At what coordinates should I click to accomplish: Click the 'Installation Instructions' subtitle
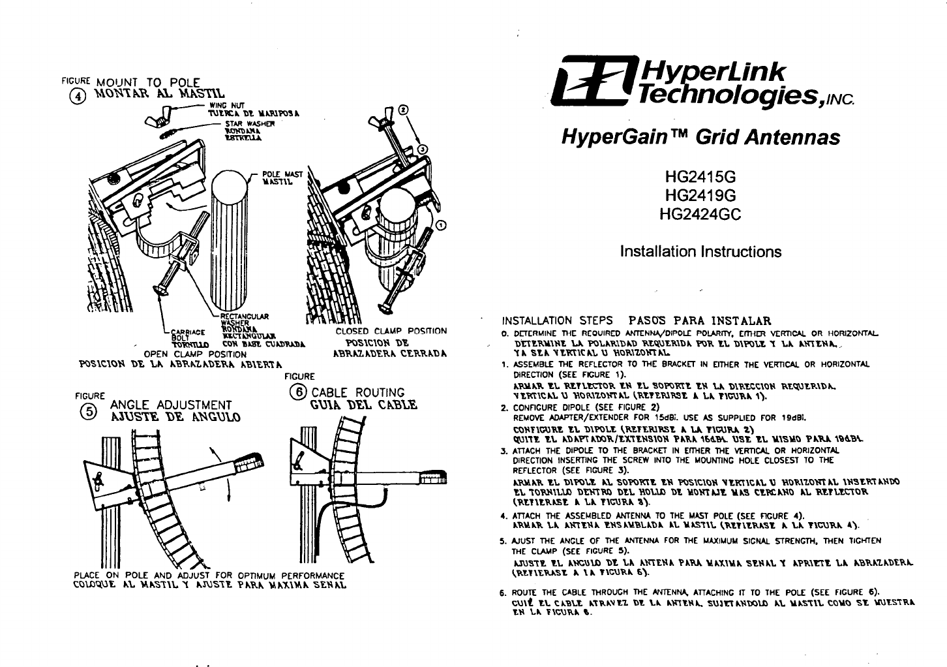(x=700, y=252)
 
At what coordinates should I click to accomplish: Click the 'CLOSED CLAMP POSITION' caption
(x=391, y=332)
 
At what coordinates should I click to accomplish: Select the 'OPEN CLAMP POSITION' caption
(x=194, y=354)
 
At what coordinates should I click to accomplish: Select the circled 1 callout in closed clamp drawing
(x=440, y=226)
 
